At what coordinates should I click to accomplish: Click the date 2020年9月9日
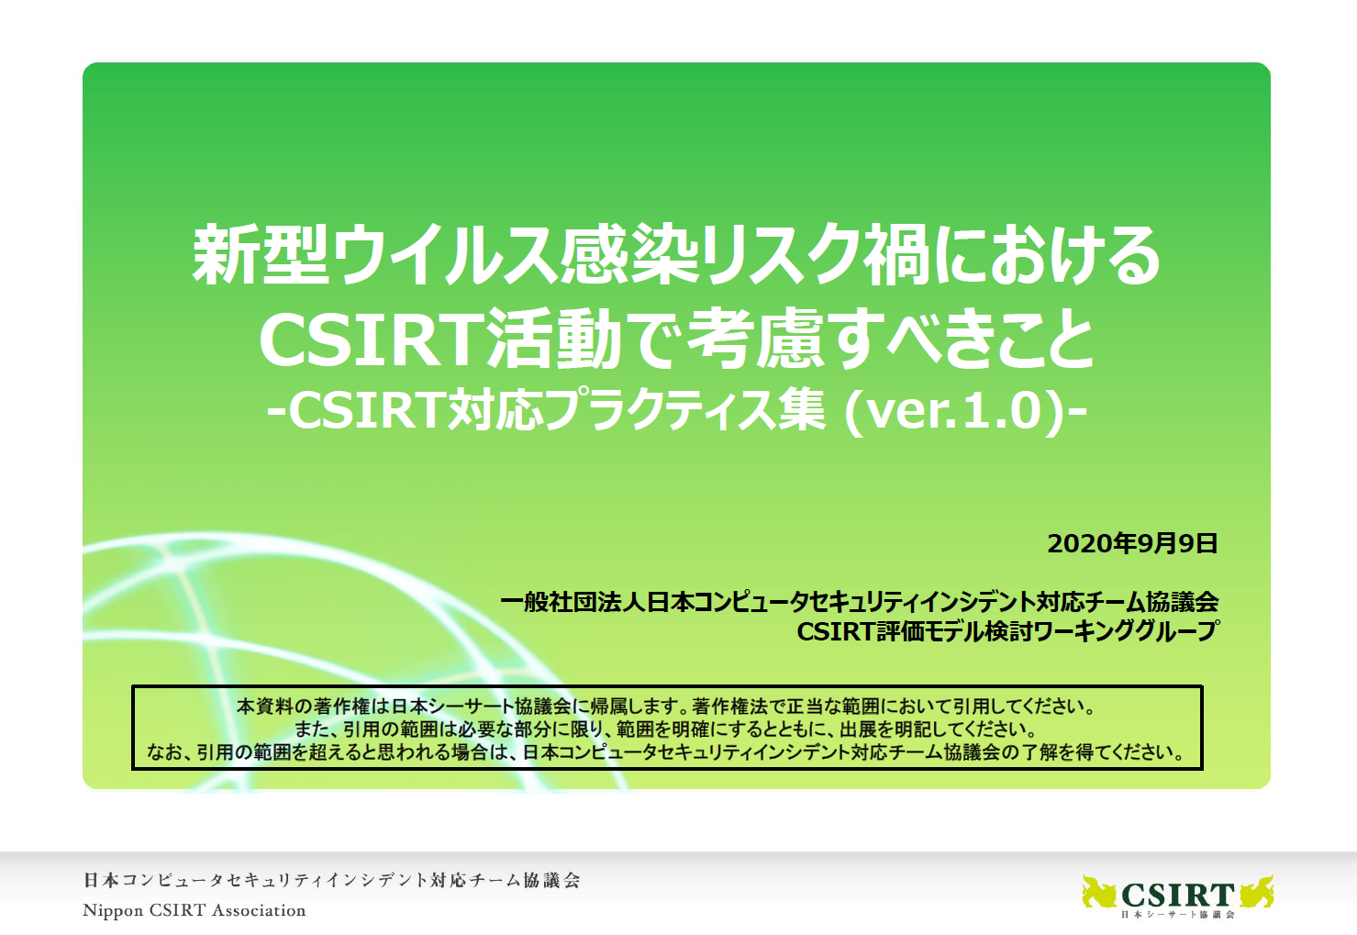tap(1132, 543)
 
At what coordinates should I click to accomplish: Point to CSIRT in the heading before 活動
tap(371, 339)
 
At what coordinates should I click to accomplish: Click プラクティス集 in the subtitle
tap(684, 410)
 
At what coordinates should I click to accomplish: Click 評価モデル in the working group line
tap(929, 631)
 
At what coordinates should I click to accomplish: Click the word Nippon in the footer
tap(113, 911)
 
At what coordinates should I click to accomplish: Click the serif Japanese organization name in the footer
tap(331, 880)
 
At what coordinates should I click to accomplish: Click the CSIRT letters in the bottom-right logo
tap(1177, 894)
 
